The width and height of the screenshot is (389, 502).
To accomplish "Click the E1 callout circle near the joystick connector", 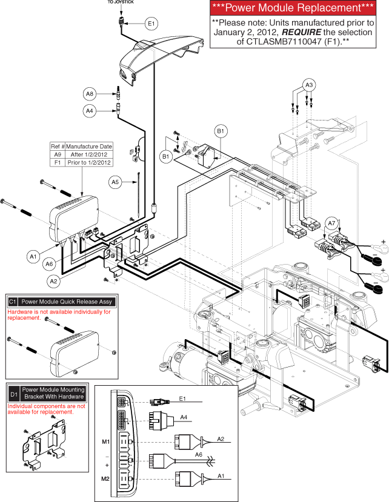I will point(151,23).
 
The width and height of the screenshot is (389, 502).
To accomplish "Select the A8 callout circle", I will point(90,94).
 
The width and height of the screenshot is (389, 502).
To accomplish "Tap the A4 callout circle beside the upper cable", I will point(90,111).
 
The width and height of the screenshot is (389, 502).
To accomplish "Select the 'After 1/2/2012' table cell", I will point(88,154).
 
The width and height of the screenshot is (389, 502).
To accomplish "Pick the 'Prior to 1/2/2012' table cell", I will point(88,162).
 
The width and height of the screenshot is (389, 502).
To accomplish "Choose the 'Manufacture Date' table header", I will point(88,147).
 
